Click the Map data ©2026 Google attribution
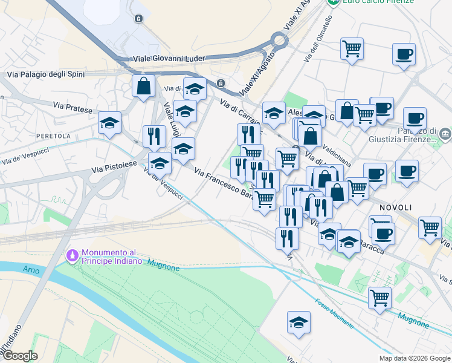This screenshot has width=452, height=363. tap(414, 358)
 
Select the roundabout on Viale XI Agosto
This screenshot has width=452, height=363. tap(279, 41)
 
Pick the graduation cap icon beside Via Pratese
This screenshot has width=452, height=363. tap(109, 122)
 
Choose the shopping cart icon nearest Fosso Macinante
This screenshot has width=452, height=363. tap(379, 297)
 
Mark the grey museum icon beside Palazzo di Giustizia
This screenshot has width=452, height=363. tap(445, 133)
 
